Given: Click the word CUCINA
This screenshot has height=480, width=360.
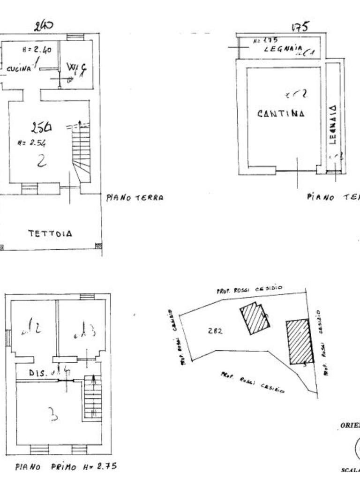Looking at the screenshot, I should coord(19,68).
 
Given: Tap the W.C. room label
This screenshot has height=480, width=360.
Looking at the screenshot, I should coord(76,68).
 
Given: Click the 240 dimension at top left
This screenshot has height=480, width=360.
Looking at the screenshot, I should coord(44,26).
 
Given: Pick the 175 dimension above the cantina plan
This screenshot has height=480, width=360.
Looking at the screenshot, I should coord(300,27).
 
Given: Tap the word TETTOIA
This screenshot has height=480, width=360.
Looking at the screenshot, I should coord(51,233).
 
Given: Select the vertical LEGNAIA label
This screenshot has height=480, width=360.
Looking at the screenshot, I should coord(332,124).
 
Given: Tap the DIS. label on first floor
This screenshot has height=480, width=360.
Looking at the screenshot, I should coord(37,374).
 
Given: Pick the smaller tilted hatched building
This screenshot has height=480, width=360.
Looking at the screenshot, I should coord(255,318).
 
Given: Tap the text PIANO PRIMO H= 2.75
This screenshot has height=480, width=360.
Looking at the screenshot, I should coord(66,467).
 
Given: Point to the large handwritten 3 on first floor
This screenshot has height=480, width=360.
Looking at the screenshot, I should coord(53,414).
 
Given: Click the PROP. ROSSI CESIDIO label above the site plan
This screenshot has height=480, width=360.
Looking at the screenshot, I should coord(249,290).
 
